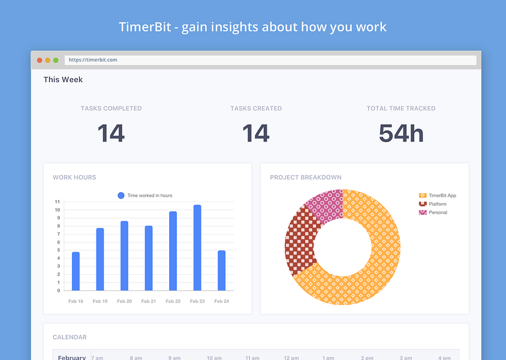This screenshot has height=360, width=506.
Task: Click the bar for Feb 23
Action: click(197, 248)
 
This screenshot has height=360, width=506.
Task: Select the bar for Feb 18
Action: click(76, 271)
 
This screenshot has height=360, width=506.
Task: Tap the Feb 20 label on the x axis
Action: click(124, 301)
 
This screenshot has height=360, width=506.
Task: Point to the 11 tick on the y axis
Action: click(57, 202)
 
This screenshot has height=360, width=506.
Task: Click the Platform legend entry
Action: click(437, 204)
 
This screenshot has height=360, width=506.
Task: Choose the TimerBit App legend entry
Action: click(442, 196)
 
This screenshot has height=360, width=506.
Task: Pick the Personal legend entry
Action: click(437, 212)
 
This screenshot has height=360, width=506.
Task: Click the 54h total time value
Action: click(401, 133)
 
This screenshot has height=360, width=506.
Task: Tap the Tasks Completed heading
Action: click(112, 109)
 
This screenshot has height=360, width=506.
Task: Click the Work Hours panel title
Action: click(74, 178)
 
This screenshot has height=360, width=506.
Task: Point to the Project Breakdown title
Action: click(306, 178)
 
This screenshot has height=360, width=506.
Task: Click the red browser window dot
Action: click(40, 60)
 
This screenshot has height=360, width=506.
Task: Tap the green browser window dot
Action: click(56, 60)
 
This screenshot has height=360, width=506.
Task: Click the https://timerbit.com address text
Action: click(92, 60)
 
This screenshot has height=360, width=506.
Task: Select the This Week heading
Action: click(63, 80)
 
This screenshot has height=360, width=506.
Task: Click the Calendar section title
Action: click(70, 337)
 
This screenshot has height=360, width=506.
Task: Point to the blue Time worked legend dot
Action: click(121, 196)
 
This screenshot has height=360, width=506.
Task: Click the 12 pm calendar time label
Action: click(291, 358)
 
